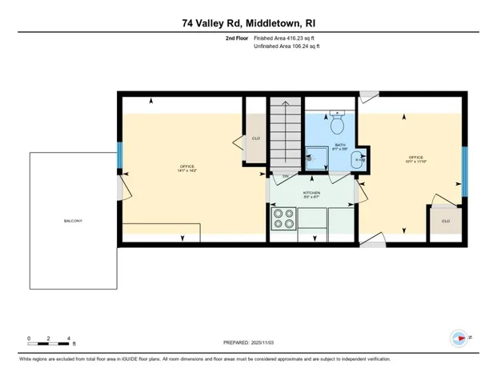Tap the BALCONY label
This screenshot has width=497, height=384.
pos(74,221)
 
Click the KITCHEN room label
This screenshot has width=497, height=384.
pos(311,194)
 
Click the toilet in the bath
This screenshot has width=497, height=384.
pos(338,125)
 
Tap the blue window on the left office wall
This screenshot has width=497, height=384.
pos(120,157)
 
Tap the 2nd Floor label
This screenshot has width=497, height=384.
pos(235,38)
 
